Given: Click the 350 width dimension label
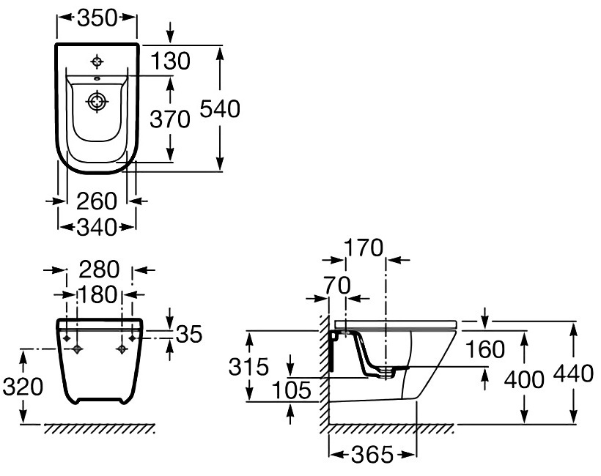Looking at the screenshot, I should click(97, 19).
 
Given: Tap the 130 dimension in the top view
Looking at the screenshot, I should click(172, 62).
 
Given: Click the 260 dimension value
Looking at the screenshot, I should click(97, 200).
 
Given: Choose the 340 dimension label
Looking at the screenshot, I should click(97, 228).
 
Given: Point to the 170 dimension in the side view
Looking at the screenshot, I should click(364, 249).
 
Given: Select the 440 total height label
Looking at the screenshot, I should click(574, 373).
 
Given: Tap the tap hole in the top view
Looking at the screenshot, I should click(97, 60).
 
